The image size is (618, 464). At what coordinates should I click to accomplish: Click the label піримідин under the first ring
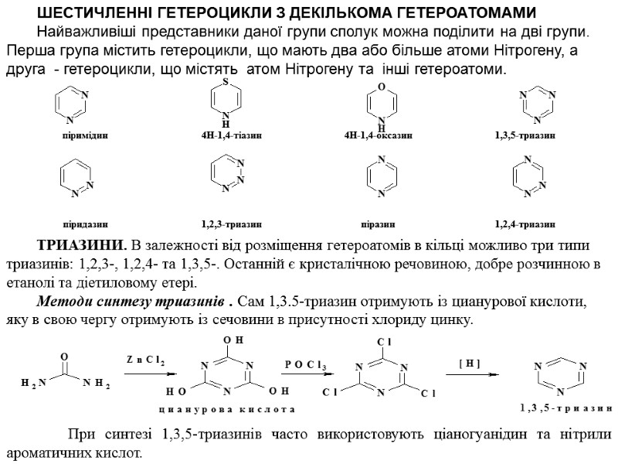pos(85,135)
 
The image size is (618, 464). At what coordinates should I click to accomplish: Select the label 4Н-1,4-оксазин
pos(378,135)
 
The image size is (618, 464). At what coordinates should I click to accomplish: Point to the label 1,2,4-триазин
pos(525,224)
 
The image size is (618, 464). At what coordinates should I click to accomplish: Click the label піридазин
pos(85,224)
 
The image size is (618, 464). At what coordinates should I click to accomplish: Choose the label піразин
pos(378,224)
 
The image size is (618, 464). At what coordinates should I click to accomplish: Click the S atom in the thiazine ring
pos(225,81)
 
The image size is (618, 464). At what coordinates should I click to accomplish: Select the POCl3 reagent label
pos(306,365)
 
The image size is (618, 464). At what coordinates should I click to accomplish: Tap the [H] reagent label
pos(470,361)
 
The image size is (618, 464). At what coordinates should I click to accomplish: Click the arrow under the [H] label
pos(470,375)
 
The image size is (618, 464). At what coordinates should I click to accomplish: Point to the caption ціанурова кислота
pos(227,408)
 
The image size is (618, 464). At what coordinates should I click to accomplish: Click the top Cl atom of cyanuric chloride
pos(382,341)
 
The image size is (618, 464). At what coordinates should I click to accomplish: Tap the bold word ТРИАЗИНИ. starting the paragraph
pos(79,247)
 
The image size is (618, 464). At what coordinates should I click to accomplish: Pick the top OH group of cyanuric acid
pos(229,340)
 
